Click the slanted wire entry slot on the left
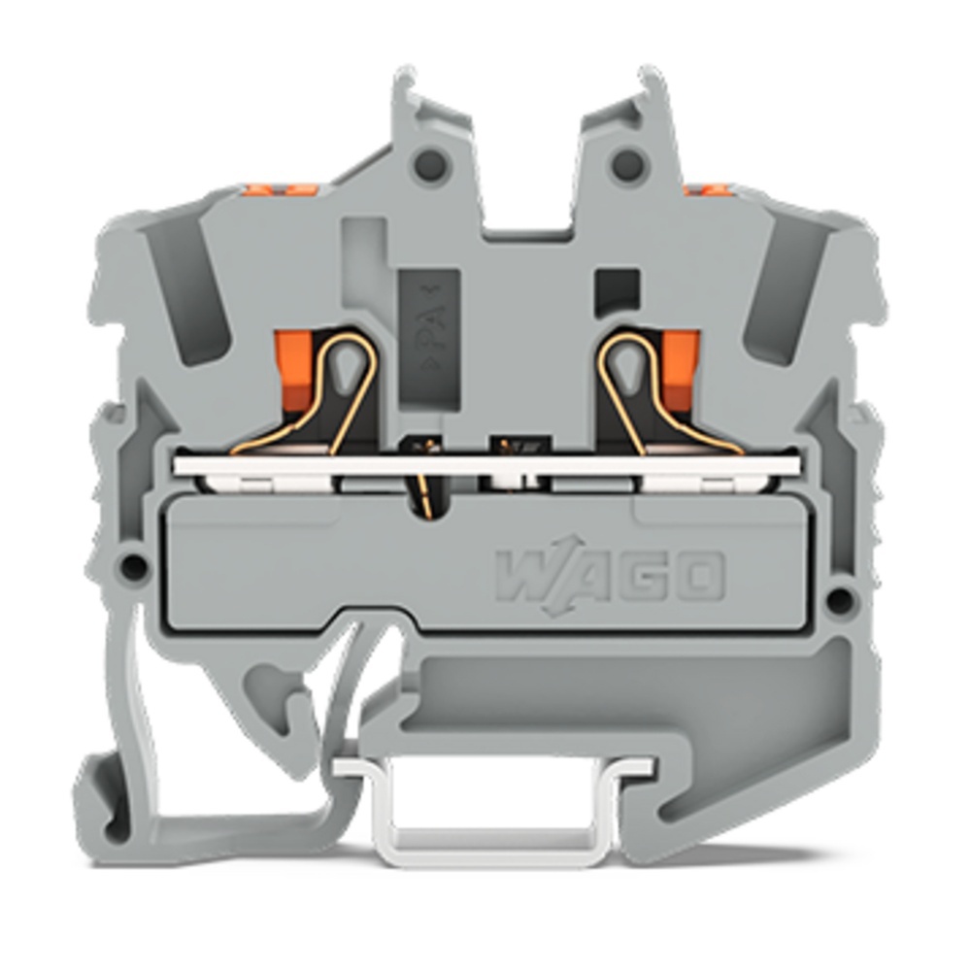pyautogui.click(x=191, y=291)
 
